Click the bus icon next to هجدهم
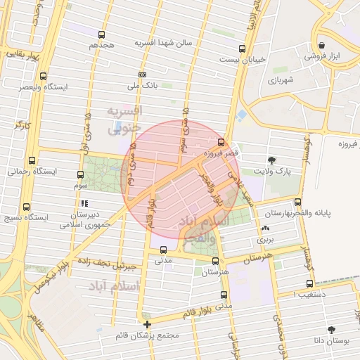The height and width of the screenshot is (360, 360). pos(102,34)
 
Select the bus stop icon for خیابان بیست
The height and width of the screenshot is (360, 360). pos(242,49)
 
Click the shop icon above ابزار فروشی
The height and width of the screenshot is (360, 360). pos(321,44)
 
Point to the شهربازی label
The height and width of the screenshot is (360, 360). pos(279,80)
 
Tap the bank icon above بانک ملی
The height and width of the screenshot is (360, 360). pos(143,75)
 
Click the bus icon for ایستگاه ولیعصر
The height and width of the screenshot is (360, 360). pos(44,76)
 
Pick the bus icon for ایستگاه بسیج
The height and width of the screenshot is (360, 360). pos(26,207)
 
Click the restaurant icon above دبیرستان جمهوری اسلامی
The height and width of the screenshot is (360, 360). pos(84,203)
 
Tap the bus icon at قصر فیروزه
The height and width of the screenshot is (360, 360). pos(222,142)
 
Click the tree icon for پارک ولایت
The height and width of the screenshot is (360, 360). pos(272,160)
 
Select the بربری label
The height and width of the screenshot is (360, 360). pos(264,240)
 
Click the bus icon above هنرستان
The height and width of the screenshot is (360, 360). pos(215,260)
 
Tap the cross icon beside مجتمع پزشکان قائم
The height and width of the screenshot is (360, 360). pos(147,324)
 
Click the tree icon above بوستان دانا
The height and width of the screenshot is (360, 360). pos(331,329)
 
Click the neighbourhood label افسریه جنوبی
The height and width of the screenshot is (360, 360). pos(124,120)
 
